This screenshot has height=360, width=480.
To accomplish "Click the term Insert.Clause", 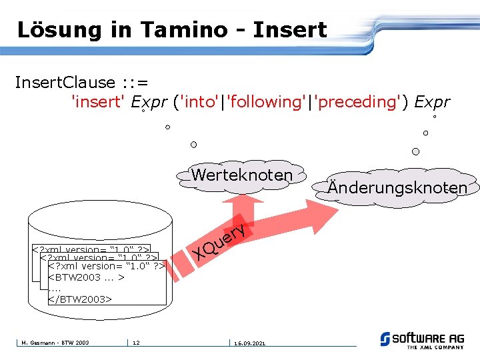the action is pyautogui.click(x=65, y=83).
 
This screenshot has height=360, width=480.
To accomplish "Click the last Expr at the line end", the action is pyautogui.click(x=432, y=102).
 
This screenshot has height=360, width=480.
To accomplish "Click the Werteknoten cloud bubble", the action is pyautogui.click(x=241, y=175).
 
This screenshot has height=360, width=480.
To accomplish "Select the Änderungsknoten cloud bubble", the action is pyautogui.click(x=397, y=187).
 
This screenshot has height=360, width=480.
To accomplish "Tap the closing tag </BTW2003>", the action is pyautogui.click(x=80, y=299).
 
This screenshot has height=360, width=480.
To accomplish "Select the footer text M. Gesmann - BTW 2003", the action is pyautogui.click(x=53, y=343).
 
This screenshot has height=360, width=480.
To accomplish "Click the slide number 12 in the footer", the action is pyautogui.click(x=135, y=343).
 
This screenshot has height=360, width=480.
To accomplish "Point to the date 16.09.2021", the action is pyautogui.click(x=249, y=343).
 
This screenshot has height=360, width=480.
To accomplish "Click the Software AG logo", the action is pyautogui.click(x=422, y=339).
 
